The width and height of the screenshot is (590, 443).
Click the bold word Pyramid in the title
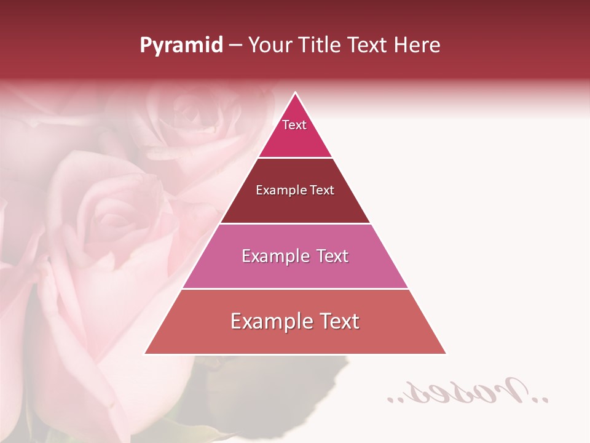coord(181,46)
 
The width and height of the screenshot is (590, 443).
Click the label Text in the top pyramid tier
coord(294,125)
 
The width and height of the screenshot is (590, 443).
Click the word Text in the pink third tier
coord(332,256)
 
